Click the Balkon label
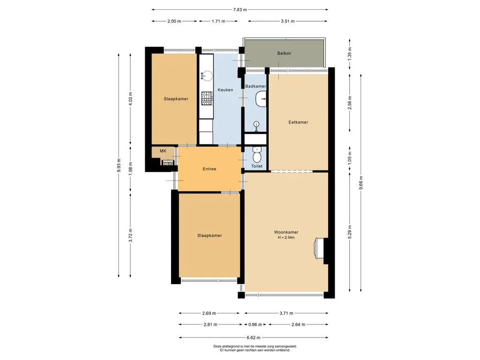(x=284, y=53)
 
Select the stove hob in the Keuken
(x=207, y=97)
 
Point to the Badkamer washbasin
(x=262, y=99)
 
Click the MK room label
(x=163, y=151)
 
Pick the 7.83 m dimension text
(x=240, y=9)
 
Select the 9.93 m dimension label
(x=119, y=165)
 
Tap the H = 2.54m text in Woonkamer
(x=286, y=238)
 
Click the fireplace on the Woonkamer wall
(x=319, y=248)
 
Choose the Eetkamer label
(x=298, y=122)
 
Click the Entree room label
(x=209, y=169)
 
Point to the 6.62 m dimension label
(x=253, y=337)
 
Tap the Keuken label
(x=225, y=90)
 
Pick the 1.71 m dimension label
(x=218, y=21)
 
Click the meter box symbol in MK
(x=168, y=163)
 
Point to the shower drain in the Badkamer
(x=256, y=124)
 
